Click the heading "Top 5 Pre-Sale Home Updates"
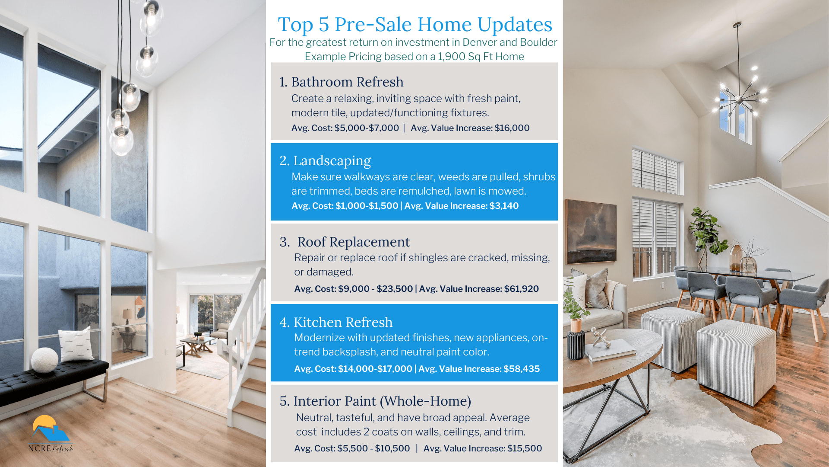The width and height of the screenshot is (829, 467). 415,25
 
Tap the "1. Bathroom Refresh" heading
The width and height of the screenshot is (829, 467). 341,82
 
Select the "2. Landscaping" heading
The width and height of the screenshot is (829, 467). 325,161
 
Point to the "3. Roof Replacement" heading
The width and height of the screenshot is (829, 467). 345,242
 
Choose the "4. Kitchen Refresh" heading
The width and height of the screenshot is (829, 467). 336,322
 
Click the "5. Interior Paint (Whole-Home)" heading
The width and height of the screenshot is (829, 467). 375,401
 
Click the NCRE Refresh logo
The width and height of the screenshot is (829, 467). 51,434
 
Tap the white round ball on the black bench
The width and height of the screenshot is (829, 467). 44,360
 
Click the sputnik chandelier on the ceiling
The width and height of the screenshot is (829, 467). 740,99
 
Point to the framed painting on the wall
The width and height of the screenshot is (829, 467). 591,232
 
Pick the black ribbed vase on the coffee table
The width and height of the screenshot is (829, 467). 576,345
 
